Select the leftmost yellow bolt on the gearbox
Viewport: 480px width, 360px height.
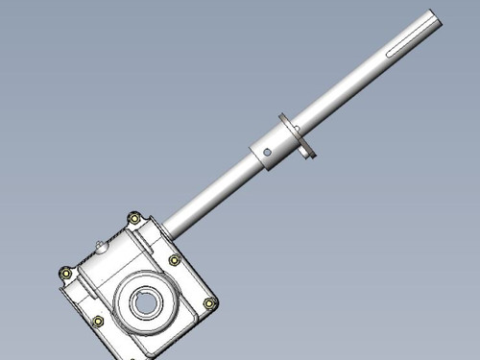click(64, 272)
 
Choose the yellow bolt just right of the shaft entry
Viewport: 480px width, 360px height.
click(174, 260)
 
